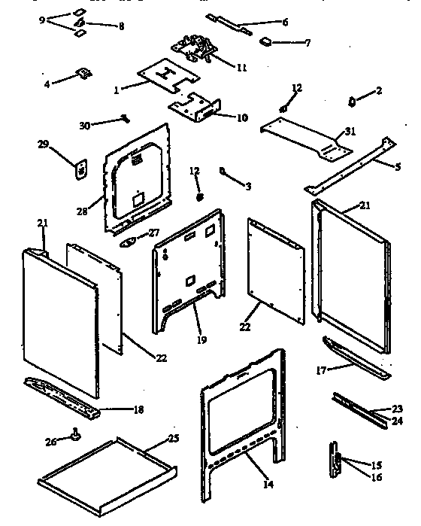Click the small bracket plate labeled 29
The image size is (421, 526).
(80, 169)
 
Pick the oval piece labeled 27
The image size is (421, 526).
(129, 242)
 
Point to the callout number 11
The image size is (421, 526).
(241, 68)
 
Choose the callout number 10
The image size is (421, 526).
(242, 117)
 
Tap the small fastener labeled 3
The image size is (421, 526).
(224, 172)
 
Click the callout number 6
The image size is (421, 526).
(285, 23)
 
